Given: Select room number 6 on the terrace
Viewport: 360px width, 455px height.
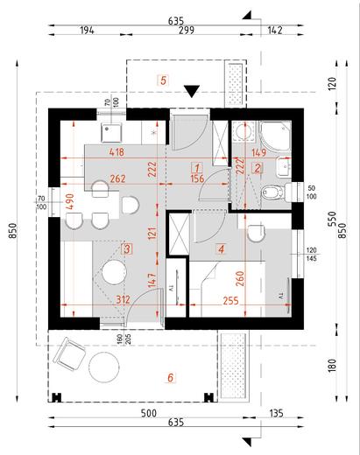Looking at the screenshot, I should pyautogui.click(x=171, y=377).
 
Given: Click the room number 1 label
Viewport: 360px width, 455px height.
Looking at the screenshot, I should pyautogui.click(x=198, y=168).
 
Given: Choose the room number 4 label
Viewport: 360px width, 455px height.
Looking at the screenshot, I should pyautogui.click(x=221, y=249).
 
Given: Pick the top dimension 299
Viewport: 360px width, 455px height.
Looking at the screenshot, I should pyautogui.click(x=186, y=30).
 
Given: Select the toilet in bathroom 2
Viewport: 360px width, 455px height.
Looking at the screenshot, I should pyautogui.click(x=272, y=192).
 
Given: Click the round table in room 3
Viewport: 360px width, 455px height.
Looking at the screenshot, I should pyautogui.click(x=115, y=274).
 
